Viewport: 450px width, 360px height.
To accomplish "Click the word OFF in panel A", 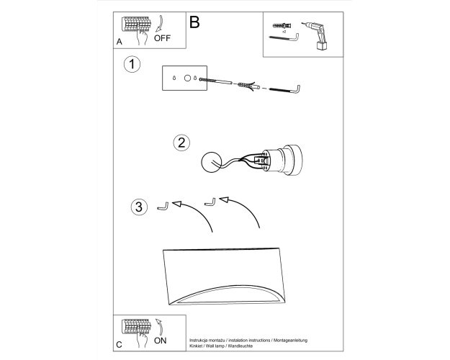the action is [162, 38].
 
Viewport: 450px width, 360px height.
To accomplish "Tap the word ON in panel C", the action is [160, 341].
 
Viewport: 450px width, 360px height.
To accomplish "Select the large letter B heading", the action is [194, 22].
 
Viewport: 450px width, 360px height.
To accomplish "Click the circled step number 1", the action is [132, 64].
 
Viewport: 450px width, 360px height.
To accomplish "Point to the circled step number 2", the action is [181, 143].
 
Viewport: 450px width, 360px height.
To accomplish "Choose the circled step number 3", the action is [139, 207].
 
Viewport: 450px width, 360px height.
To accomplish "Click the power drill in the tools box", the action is [316, 36].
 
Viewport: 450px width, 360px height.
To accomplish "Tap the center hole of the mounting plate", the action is [187, 78].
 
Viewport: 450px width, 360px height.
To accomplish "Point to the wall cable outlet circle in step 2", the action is [212, 162].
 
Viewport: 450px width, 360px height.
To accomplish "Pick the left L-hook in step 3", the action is [163, 207].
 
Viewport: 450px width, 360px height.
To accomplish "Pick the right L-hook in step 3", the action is [210, 202].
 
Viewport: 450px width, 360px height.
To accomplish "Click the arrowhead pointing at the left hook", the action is [176, 204].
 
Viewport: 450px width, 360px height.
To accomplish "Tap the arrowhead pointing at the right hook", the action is [224, 199].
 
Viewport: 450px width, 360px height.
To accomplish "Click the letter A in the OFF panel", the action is [120, 42].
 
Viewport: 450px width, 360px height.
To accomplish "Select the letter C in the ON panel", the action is [119, 345].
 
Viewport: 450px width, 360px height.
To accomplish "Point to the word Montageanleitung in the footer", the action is [290, 340].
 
